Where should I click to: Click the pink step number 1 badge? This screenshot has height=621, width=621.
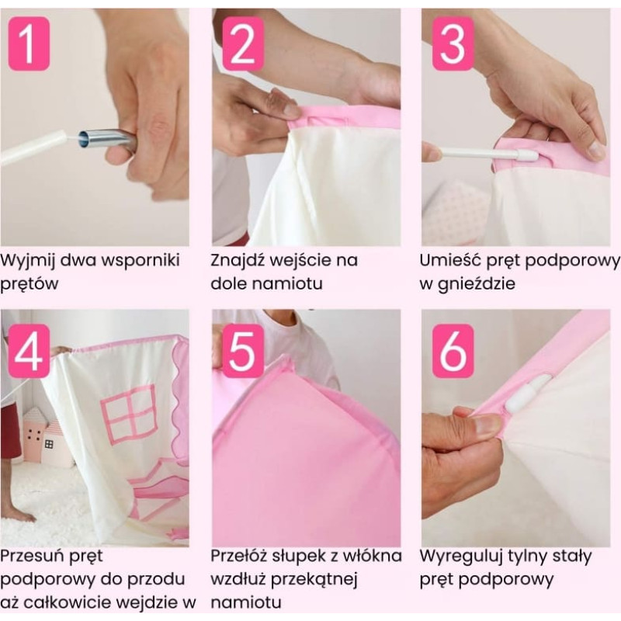(29, 43)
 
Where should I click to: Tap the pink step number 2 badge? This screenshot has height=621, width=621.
(243, 43)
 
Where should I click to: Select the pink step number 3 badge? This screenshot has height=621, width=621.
(453, 43)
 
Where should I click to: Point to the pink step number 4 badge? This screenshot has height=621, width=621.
(29, 351)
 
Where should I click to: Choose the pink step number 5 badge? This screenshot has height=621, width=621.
(243, 351)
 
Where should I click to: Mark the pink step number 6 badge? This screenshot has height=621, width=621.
(453, 351)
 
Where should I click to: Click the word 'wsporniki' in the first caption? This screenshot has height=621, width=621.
(141, 261)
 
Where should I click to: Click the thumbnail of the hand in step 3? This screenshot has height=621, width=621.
(596, 151)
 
